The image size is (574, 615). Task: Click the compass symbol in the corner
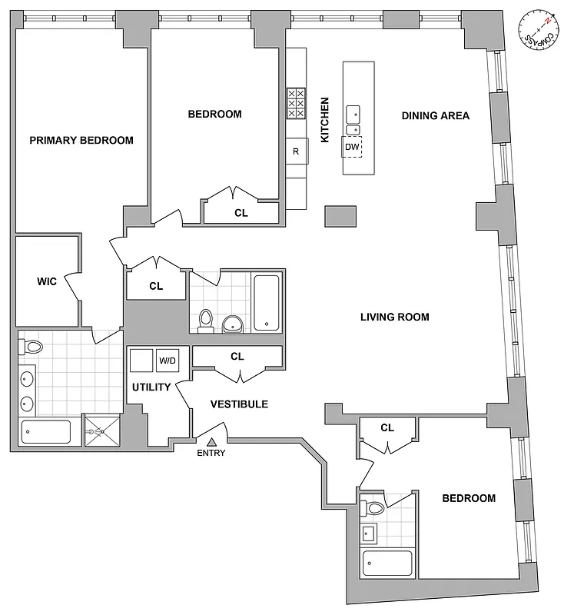[x=540, y=29]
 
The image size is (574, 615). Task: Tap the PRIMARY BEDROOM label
[x=81, y=140]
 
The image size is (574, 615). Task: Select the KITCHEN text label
[x=325, y=119]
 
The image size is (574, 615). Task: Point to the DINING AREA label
[x=436, y=116]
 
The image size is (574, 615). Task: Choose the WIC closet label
[x=47, y=281]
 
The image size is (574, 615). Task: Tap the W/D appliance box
[x=167, y=361]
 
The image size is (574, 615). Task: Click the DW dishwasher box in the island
[x=352, y=147]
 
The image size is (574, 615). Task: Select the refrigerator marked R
[x=296, y=151]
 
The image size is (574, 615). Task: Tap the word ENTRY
[x=212, y=454]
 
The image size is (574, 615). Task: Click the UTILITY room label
[x=151, y=387]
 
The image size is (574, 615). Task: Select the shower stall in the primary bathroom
[x=101, y=432]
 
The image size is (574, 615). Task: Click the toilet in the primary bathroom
[x=32, y=348]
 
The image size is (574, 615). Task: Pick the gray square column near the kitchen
[x=340, y=216]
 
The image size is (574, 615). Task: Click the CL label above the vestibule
[x=237, y=357]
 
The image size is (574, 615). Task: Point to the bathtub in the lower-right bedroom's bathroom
[x=388, y=565]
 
